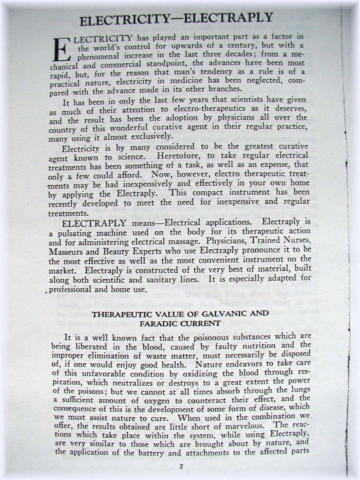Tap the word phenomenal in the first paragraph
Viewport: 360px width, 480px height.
[98, 57]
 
